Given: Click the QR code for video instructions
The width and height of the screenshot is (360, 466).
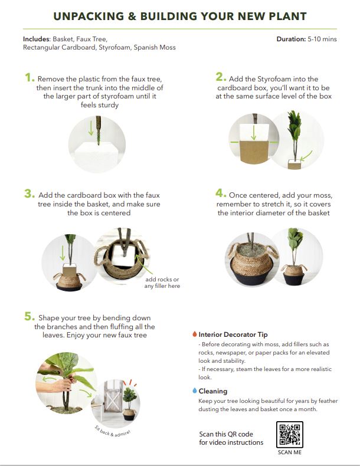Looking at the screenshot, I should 289,435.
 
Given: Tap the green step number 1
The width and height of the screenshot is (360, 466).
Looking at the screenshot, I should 29,78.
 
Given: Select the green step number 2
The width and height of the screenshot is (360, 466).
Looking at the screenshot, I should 220,77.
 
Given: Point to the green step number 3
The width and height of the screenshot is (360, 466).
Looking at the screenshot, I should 29,194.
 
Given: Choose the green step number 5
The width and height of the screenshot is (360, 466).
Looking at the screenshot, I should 29,317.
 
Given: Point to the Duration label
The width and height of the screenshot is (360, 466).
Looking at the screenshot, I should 290,39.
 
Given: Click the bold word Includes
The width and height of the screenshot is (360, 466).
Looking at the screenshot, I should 37,39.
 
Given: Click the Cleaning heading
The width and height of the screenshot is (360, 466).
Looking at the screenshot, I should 212,391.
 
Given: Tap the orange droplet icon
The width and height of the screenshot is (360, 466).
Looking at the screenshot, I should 194,334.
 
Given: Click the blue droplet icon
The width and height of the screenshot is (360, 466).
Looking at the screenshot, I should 194,390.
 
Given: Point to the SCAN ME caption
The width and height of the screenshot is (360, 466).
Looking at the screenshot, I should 289,453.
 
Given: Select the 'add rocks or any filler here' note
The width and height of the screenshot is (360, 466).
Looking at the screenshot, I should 162,283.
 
